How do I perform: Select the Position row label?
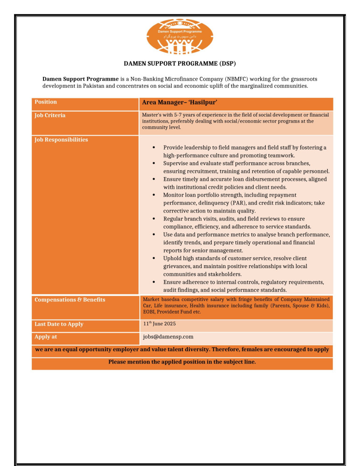point(46,102)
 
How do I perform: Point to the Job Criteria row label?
point(50,115)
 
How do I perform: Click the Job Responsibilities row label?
point(61,140)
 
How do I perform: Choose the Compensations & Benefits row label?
point(69,300)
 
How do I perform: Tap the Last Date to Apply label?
point(59,324)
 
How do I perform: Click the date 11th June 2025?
point(159,324)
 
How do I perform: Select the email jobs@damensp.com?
point(168,336)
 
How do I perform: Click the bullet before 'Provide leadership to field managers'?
point(154,148)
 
